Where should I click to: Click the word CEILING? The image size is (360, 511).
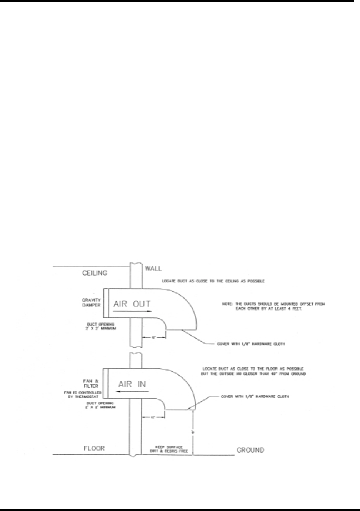tap(95, 273)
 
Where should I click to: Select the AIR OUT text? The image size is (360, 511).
tap(132, 304)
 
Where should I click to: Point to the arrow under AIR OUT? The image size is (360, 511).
tap(133, 311)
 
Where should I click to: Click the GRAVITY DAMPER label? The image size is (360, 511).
tap(91, 302)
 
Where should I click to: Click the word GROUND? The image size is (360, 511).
tap(250, 450)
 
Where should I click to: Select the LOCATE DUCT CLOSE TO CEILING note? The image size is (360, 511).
tap(213, 281)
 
